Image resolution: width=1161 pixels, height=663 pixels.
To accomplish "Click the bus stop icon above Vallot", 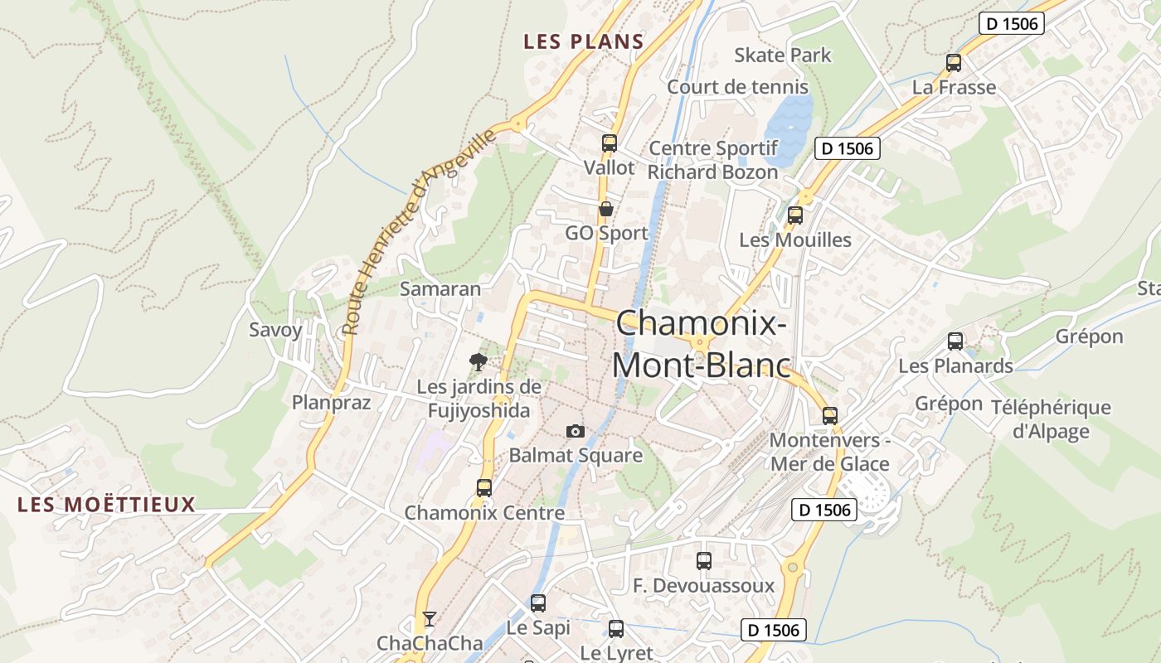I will [x=610, y=143].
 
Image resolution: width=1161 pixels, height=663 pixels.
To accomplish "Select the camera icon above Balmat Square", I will [x=575, y=431].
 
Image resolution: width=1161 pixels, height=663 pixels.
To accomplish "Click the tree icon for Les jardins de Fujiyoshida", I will [x=478, y=361].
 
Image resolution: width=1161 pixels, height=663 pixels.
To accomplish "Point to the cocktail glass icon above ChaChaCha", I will [x=429, y=618].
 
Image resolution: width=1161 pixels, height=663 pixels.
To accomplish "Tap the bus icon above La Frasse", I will [x=954, y=62].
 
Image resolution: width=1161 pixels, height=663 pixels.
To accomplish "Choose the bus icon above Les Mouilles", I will [x=795, y=215].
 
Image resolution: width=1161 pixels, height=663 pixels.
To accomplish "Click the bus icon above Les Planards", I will [x=955, y=341].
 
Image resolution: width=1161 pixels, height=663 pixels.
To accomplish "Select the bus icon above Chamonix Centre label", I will [x=484, y=487].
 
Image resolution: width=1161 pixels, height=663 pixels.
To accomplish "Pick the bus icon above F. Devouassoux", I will [x=704, y=560].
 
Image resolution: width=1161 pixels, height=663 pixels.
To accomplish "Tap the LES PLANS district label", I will [x=584, y=41].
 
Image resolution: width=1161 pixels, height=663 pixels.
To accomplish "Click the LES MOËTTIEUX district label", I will [x=106, y=504].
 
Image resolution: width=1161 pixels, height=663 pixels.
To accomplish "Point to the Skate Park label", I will [x=783, y=56].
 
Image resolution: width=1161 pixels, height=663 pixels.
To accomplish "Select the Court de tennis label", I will [x=737, y=87].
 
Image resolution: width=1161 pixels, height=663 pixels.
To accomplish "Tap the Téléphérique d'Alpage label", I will [x=1051, y=419].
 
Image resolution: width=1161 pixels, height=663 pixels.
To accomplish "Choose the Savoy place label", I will [x=276, y=330].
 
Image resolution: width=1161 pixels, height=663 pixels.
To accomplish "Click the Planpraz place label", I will [x=331, y=403].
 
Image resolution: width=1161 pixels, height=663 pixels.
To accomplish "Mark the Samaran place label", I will [x=440, y=288].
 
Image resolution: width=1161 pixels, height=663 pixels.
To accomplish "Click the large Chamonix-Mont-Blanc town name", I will [x=702, y=344].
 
